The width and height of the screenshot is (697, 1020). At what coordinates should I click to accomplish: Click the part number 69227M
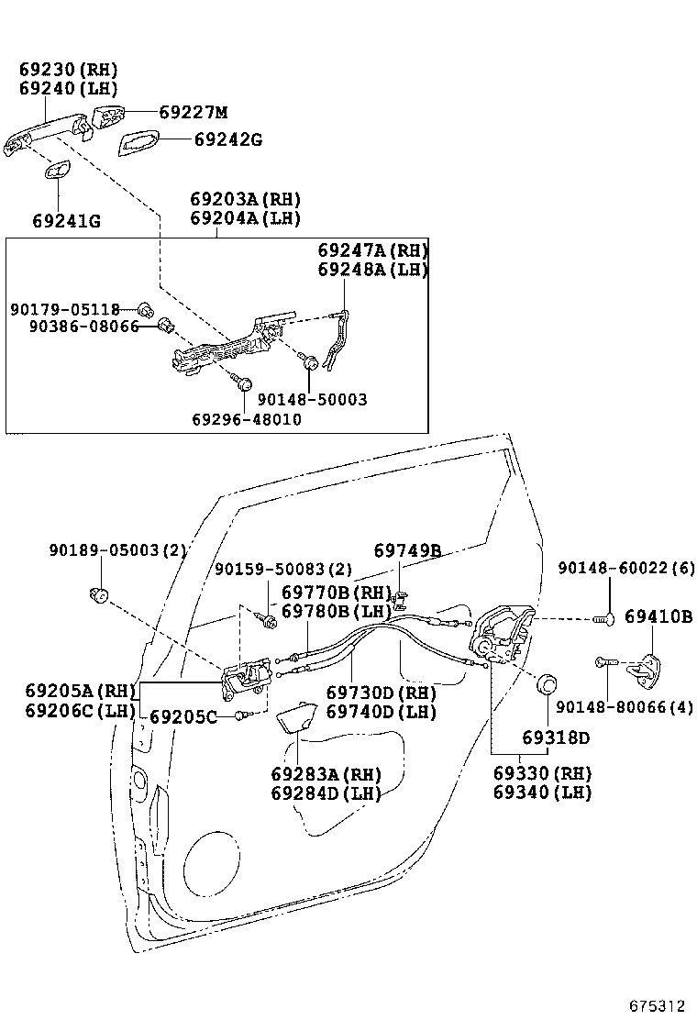[193, 113]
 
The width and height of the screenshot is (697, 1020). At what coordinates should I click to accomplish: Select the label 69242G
[228, 140]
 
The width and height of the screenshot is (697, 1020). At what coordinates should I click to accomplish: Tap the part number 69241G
[67, 221]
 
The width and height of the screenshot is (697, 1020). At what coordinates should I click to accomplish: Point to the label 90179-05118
[65, 309]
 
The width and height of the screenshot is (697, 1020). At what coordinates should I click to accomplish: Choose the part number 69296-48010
[247, 418]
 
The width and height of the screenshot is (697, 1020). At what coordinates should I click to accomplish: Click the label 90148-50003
[312, 400]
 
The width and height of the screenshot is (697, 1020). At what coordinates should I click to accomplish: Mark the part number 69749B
[407, 550]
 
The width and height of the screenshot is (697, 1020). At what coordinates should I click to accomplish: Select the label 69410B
[658, 616]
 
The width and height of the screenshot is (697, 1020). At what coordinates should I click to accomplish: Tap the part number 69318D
[556, 737]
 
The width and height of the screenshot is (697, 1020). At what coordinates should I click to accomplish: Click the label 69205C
[183, 716]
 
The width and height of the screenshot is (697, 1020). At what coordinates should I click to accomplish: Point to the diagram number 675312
[657, 1006]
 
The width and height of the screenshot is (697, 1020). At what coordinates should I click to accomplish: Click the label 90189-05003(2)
[117, 550]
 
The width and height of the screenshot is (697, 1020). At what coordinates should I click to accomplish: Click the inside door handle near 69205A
[246, 677]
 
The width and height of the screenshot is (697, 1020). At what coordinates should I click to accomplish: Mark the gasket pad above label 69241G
[57, 171]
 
